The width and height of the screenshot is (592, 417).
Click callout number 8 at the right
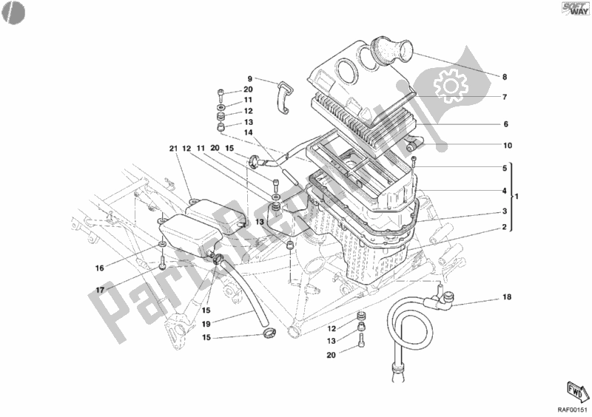505,77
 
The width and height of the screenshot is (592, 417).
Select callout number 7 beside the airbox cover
505,98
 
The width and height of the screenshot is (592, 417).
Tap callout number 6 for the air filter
505,124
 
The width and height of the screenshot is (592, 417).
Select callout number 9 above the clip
250,78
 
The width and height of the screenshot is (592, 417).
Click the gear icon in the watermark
448,87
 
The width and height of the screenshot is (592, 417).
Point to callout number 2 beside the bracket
505,228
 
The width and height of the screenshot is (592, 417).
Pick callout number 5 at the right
505,168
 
